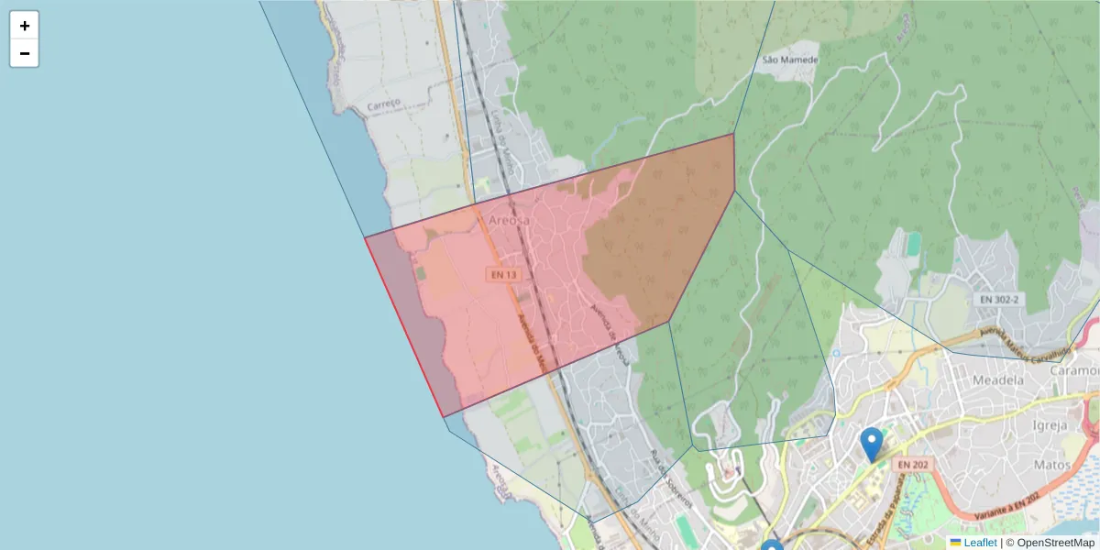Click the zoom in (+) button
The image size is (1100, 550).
click(x=25, y=26)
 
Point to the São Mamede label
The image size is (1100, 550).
click(x=789, y=60)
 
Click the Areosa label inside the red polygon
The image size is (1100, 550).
click(x=509, y=221)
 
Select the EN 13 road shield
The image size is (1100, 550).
click(x=503, y=274)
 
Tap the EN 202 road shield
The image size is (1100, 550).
click(x=912, y=465)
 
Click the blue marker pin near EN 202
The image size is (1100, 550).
click(x=872, y=445)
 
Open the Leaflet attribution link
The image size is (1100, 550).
click(x=980, y=543)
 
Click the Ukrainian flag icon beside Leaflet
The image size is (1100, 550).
click(x=955, y=543)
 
